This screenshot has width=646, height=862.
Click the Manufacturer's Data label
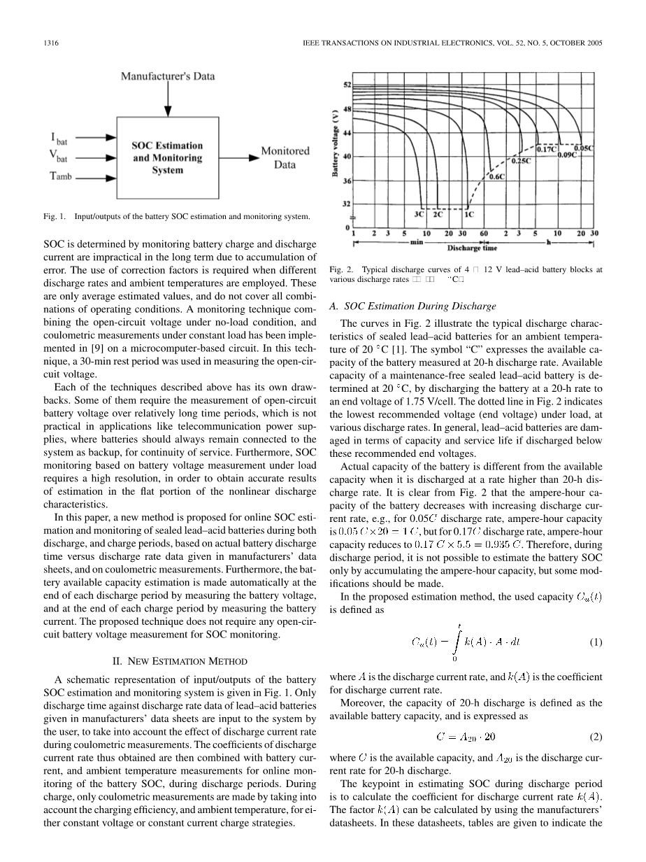pyautogui.click(x=168, y=76)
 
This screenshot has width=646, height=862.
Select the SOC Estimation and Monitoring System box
pyautogui.click(x=168, y=158)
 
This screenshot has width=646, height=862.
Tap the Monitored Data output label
pyautogui.click(x=285, y=157)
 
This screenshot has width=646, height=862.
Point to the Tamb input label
pyautogui.click(x=62, y=178)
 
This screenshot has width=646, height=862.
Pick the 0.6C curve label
pyautogui.click(x=496, y=177)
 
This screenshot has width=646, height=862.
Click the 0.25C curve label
pyautogui.click(x=521, y=160)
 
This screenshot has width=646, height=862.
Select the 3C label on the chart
pyautogui.click(x=419, y=215)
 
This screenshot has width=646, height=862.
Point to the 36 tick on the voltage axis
pyautogui.click(x=347, y=181)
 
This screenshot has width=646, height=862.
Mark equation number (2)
pyautogui.click(x=596, y=737)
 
